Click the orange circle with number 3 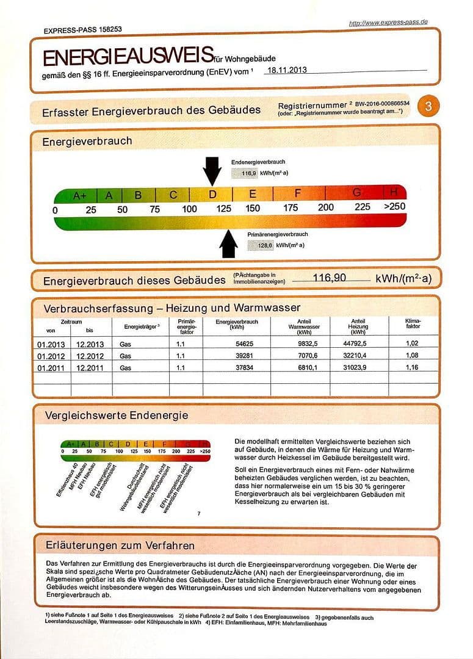[428, 107]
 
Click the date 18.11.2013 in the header [286, 70]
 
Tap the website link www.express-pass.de [388, 23]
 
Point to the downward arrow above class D [212, 170]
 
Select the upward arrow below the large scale [228, 243]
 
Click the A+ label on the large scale [80, 196]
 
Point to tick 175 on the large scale [291, 207]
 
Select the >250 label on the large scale [394, 206]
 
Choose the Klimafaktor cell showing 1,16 [413, 367]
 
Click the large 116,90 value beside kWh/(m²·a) [330, 278]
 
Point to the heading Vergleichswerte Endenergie [116, 416]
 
